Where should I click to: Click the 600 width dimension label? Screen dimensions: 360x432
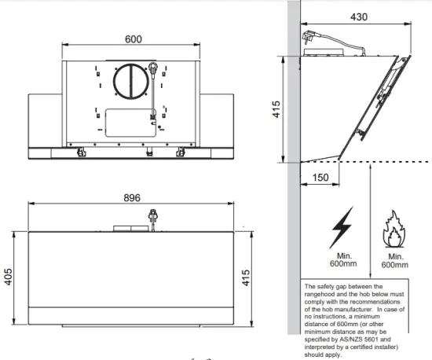coord(134,39)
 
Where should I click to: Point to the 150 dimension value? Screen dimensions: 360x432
coord(321,178)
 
